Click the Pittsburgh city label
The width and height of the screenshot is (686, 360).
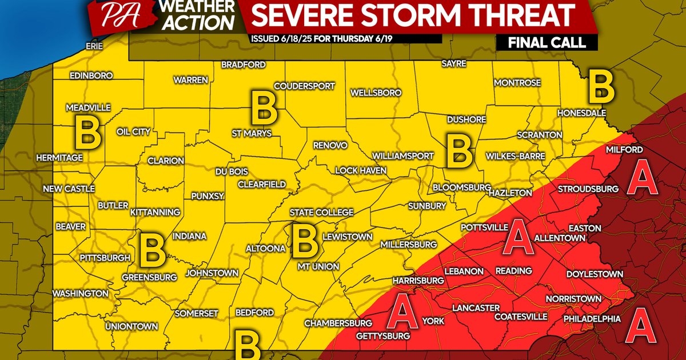[x=105, y=258]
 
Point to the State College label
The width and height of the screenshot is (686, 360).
[x=321, y=213]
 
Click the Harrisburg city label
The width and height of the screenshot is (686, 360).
[x=418, y=281]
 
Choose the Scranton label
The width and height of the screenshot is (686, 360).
[x=539, y=135]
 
